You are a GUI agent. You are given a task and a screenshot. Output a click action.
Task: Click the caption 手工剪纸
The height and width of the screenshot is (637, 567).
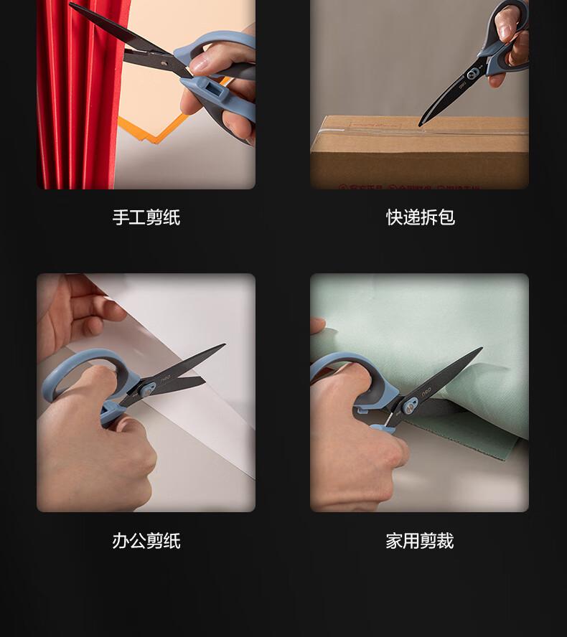coord(146,217)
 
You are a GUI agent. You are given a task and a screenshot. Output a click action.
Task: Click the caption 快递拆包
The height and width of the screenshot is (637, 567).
coord(421,217)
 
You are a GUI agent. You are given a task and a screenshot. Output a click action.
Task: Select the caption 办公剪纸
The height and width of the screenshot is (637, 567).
coord(146,541)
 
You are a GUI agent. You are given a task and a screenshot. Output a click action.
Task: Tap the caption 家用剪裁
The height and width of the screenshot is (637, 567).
coord(419,541)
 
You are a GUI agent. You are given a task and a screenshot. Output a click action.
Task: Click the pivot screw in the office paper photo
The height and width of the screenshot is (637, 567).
coord(146,390)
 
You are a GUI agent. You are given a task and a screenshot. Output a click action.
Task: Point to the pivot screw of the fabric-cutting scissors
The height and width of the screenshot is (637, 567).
coord(410,406)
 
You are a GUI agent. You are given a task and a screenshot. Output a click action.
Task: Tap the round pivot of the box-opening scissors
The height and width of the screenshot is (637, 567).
coord(472,74)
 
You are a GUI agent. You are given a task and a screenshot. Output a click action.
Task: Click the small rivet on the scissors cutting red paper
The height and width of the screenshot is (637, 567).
coord(163,63)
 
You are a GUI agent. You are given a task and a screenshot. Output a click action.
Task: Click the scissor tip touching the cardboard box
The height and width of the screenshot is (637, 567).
coord(420,124)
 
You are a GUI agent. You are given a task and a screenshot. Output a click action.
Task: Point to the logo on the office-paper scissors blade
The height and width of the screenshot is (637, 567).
coord(165,379)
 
